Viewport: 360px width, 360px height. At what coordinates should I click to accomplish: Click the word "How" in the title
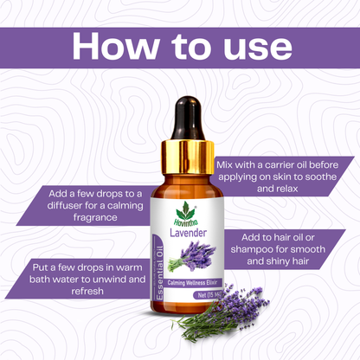(115, 46)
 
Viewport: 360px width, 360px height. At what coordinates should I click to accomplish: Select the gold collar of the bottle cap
(188, 157)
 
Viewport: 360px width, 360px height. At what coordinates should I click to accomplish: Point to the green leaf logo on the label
(185, 210)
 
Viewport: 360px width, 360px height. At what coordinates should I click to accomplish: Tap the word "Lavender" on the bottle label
(188, 233)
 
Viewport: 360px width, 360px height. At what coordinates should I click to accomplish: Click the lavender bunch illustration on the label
(192, 257)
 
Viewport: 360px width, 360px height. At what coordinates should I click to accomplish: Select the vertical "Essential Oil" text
(160, 273)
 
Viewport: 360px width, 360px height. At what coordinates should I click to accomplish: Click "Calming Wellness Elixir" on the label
(195, 283)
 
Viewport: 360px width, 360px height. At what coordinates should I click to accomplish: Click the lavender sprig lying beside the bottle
(221, 313)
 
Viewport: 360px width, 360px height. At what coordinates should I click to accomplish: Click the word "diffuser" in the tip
(64, 206)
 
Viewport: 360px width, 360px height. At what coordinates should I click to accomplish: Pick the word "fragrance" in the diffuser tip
(95, 217)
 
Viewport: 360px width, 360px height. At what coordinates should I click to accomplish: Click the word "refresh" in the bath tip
(87, 291)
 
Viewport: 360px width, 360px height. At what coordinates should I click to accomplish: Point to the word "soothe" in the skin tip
(321, 177)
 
